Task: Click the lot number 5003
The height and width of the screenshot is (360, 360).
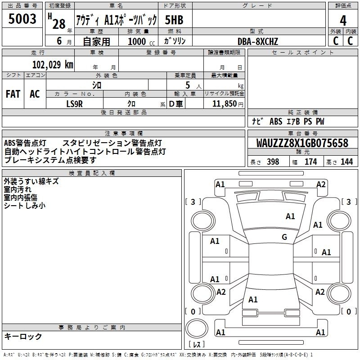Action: coord(22,19)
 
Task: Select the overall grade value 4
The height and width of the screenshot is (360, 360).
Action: coord(343,21)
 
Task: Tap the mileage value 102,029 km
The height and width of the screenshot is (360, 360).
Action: coord(53,65)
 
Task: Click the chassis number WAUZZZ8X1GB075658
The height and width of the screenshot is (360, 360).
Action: coord(302,143)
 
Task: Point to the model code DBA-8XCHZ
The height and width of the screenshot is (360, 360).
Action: coord(257,41)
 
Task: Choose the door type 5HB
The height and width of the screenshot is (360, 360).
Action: coord(174,20)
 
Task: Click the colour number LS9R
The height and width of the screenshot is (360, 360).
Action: coord(74,104)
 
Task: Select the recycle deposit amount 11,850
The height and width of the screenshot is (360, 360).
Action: coord(224,104)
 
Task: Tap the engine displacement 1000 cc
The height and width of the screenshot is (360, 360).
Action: coord(141,41)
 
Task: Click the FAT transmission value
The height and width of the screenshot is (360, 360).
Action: coord(13,94)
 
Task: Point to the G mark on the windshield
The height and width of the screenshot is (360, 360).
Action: coord(284,237)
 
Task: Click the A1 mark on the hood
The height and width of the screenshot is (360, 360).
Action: coord(290,216)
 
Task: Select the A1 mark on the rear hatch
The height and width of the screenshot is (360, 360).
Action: coord(253,300)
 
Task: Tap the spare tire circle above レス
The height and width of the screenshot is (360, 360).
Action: coord(197,328)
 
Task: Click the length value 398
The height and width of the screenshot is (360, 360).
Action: coord(273,162)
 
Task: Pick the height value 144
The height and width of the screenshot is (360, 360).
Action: coord(346,162)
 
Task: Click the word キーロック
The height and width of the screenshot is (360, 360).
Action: coord(23,337)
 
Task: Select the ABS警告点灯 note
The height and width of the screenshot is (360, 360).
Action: coord(25,143)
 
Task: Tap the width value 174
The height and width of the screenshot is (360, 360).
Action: coord(310,162)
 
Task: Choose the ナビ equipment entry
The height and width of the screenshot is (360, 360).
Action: coord(257,121)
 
